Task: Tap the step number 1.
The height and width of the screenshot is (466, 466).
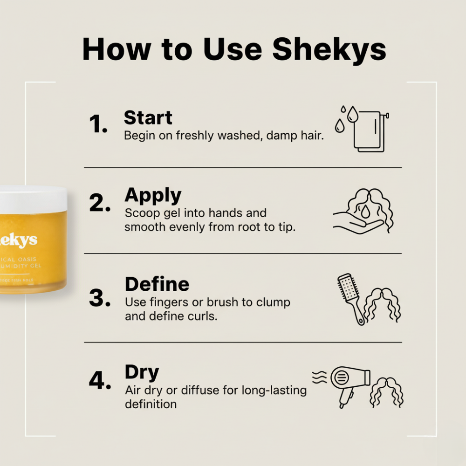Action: click(98, 124)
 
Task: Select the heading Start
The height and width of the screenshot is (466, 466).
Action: click(148, 118)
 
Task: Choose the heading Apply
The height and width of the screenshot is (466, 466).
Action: click(153, 196)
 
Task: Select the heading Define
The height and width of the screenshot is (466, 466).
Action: click(157, 284)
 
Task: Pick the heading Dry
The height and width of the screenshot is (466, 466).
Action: click(142, 372)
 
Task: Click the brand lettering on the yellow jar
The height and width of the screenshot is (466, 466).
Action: click(19, 240)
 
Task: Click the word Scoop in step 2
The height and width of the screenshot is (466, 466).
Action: click(140, 213)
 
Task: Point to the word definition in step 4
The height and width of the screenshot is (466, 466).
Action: click(151, 404)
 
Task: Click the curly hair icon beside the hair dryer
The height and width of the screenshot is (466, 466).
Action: click(386, 391)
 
